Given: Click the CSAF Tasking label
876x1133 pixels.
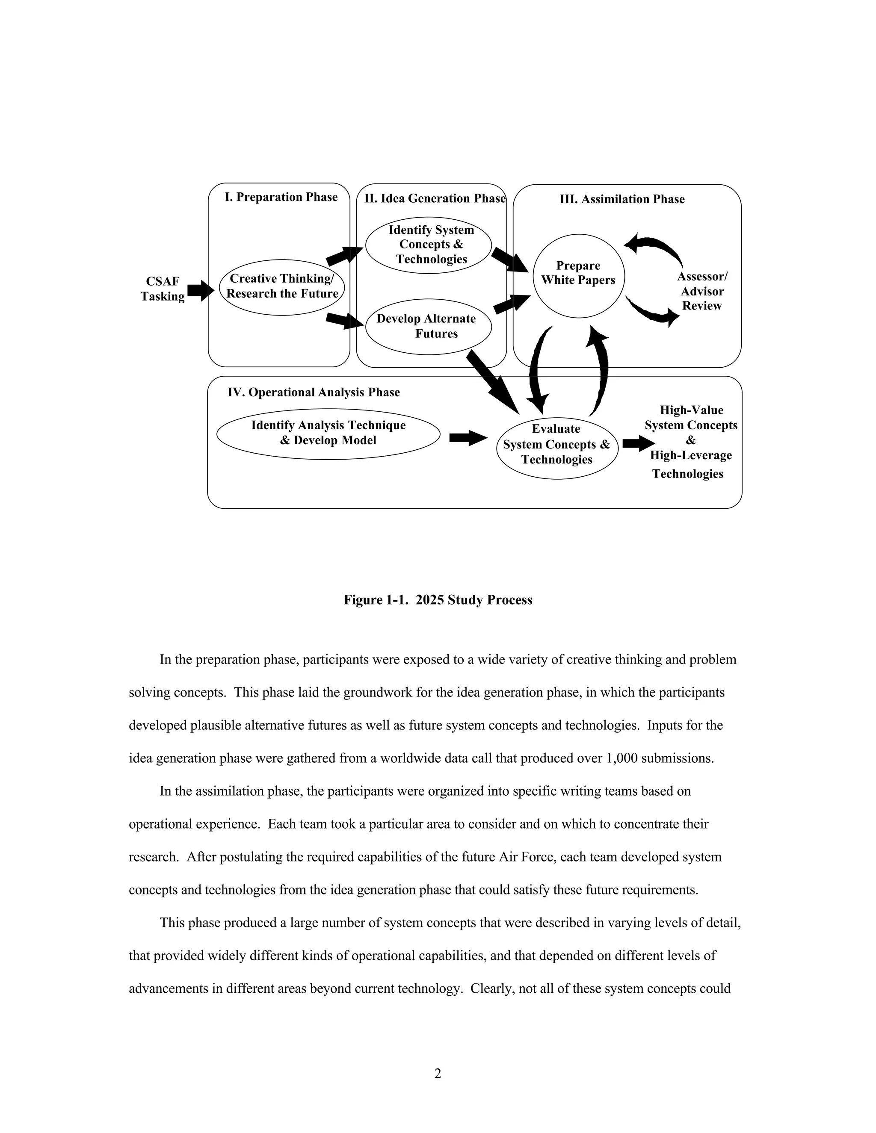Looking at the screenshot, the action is coord(163,289).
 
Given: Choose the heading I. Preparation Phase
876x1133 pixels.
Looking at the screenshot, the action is coord(281,197).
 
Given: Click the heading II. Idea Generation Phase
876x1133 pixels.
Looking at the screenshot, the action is coord(435,199).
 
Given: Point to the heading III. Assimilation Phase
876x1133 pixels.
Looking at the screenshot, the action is coord(622,199).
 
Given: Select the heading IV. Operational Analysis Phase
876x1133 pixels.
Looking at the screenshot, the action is coord(314,392).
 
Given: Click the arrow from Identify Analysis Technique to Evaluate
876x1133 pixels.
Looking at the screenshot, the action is coord(468,438).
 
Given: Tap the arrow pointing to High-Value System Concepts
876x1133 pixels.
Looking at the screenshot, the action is coord(638,443).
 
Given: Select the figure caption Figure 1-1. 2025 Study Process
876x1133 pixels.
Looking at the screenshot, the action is coord(438,600).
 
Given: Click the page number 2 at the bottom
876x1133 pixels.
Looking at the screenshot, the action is coord(438,1074).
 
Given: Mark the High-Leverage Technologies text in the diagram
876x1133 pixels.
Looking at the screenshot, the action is coord(690,464).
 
